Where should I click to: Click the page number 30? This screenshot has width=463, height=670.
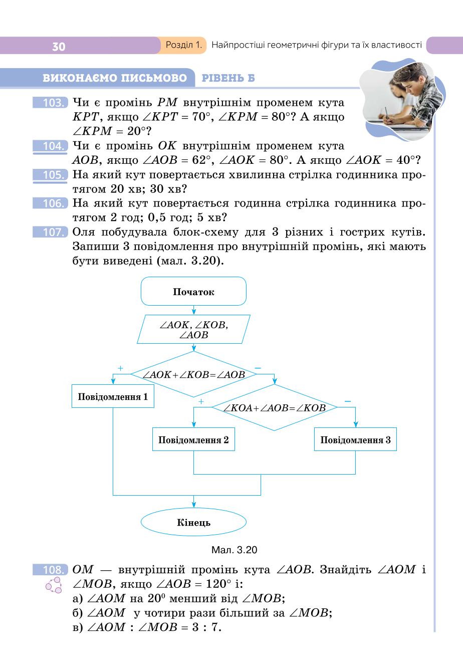pos(59,47)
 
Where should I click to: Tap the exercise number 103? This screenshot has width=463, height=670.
pos(50,103)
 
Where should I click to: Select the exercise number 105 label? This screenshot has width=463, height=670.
pos(50,175)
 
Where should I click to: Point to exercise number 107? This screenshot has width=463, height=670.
pos(50,232)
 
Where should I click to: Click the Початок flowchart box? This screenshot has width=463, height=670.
pos(193,291)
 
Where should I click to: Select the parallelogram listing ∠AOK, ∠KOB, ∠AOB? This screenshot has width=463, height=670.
pos(193,329)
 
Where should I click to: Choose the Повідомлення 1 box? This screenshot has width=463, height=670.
pos(113,396)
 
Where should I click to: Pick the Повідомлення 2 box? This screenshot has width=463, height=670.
pos(193,439)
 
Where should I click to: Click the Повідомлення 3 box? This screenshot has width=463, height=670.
pos(355,439)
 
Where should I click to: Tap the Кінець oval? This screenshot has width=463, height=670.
pos(193,522)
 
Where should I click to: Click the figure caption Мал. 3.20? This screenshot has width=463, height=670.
pos(234,550)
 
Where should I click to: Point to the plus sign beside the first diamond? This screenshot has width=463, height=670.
pos(121,368)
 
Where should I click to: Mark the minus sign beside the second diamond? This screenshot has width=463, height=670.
pos(348,401)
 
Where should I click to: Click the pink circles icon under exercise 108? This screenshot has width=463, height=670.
pos(54,585)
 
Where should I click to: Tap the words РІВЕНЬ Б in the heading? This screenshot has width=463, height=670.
pos(228,78)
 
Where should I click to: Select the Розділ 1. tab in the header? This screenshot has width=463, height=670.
pos(183,45)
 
